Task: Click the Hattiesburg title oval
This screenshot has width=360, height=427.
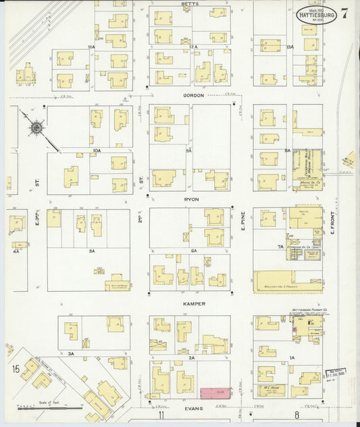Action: (317, 13)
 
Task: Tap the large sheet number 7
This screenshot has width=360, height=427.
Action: (345, 12)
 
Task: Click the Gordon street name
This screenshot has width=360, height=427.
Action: (192, 96)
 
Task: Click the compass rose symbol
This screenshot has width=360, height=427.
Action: (35, 126)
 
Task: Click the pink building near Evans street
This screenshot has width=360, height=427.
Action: (214, 393)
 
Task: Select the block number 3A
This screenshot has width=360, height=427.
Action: (70, 352)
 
